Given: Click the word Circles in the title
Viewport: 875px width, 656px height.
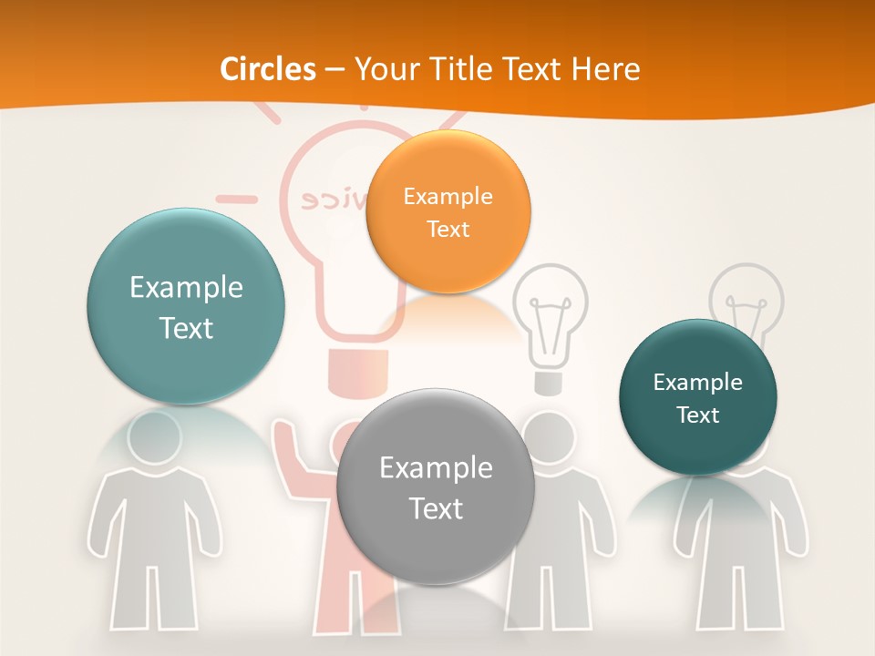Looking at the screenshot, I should pos(267,69).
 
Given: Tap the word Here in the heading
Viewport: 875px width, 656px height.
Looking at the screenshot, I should pos(605,69).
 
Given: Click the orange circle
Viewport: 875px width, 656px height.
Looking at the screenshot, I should pos(448,211).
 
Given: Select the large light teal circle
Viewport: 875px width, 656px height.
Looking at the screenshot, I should pos(186,306).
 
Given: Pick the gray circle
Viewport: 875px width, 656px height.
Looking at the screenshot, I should pos(435,487).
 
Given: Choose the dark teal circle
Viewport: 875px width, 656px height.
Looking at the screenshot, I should pos(697,397).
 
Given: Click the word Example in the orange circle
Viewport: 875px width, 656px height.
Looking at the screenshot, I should pos(448,196).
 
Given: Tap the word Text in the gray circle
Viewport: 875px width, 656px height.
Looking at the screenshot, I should pos(435,508).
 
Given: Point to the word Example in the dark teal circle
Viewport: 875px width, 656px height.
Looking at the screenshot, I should pos(697,382).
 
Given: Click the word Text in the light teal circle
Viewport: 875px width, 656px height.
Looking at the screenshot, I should pos(186,328).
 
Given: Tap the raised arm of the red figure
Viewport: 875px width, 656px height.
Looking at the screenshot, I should pos(291,460).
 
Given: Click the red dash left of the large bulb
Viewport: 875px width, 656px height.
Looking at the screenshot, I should pos(236,198).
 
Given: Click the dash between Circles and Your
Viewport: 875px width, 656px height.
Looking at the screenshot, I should pos(335,69).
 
